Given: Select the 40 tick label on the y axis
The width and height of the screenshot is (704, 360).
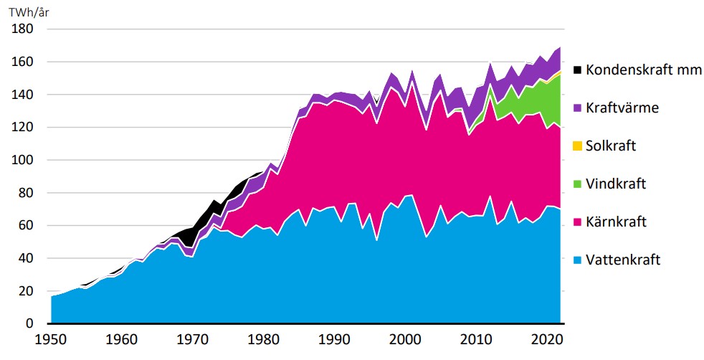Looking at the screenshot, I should tap(27, 258).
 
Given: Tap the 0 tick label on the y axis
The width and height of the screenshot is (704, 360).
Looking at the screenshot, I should tap(30, 323).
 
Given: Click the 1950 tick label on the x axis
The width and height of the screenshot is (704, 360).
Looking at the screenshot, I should tap(51, 338).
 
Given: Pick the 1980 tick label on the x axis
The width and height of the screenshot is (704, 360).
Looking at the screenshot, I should tap(265, 338).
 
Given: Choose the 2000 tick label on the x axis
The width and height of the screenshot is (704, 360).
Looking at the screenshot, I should tap(407, 338).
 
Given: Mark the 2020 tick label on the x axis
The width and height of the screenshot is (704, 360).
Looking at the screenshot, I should tap(549, 338).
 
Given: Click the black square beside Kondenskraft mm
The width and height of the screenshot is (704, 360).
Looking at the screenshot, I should tap(576, 70).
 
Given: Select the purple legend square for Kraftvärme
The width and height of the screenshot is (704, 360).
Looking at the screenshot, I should tap(576, 108).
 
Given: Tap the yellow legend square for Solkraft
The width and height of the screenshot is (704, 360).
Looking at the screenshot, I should tap(576, 146).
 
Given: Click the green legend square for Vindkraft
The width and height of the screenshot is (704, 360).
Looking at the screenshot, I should tap(576, 184).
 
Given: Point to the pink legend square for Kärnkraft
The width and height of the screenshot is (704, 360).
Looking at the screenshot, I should tap(576, 222).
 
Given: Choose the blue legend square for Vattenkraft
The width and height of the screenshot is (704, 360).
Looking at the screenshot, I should tap(576, 260).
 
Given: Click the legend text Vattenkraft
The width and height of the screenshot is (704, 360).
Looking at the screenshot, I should tap(623, 260).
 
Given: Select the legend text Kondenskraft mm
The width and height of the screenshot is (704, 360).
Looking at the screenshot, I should tap(644, 70).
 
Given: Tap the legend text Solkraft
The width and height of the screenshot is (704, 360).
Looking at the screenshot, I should tap(611, 146).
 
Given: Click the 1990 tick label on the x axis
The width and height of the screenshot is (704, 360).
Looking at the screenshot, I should tap(336, 338).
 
